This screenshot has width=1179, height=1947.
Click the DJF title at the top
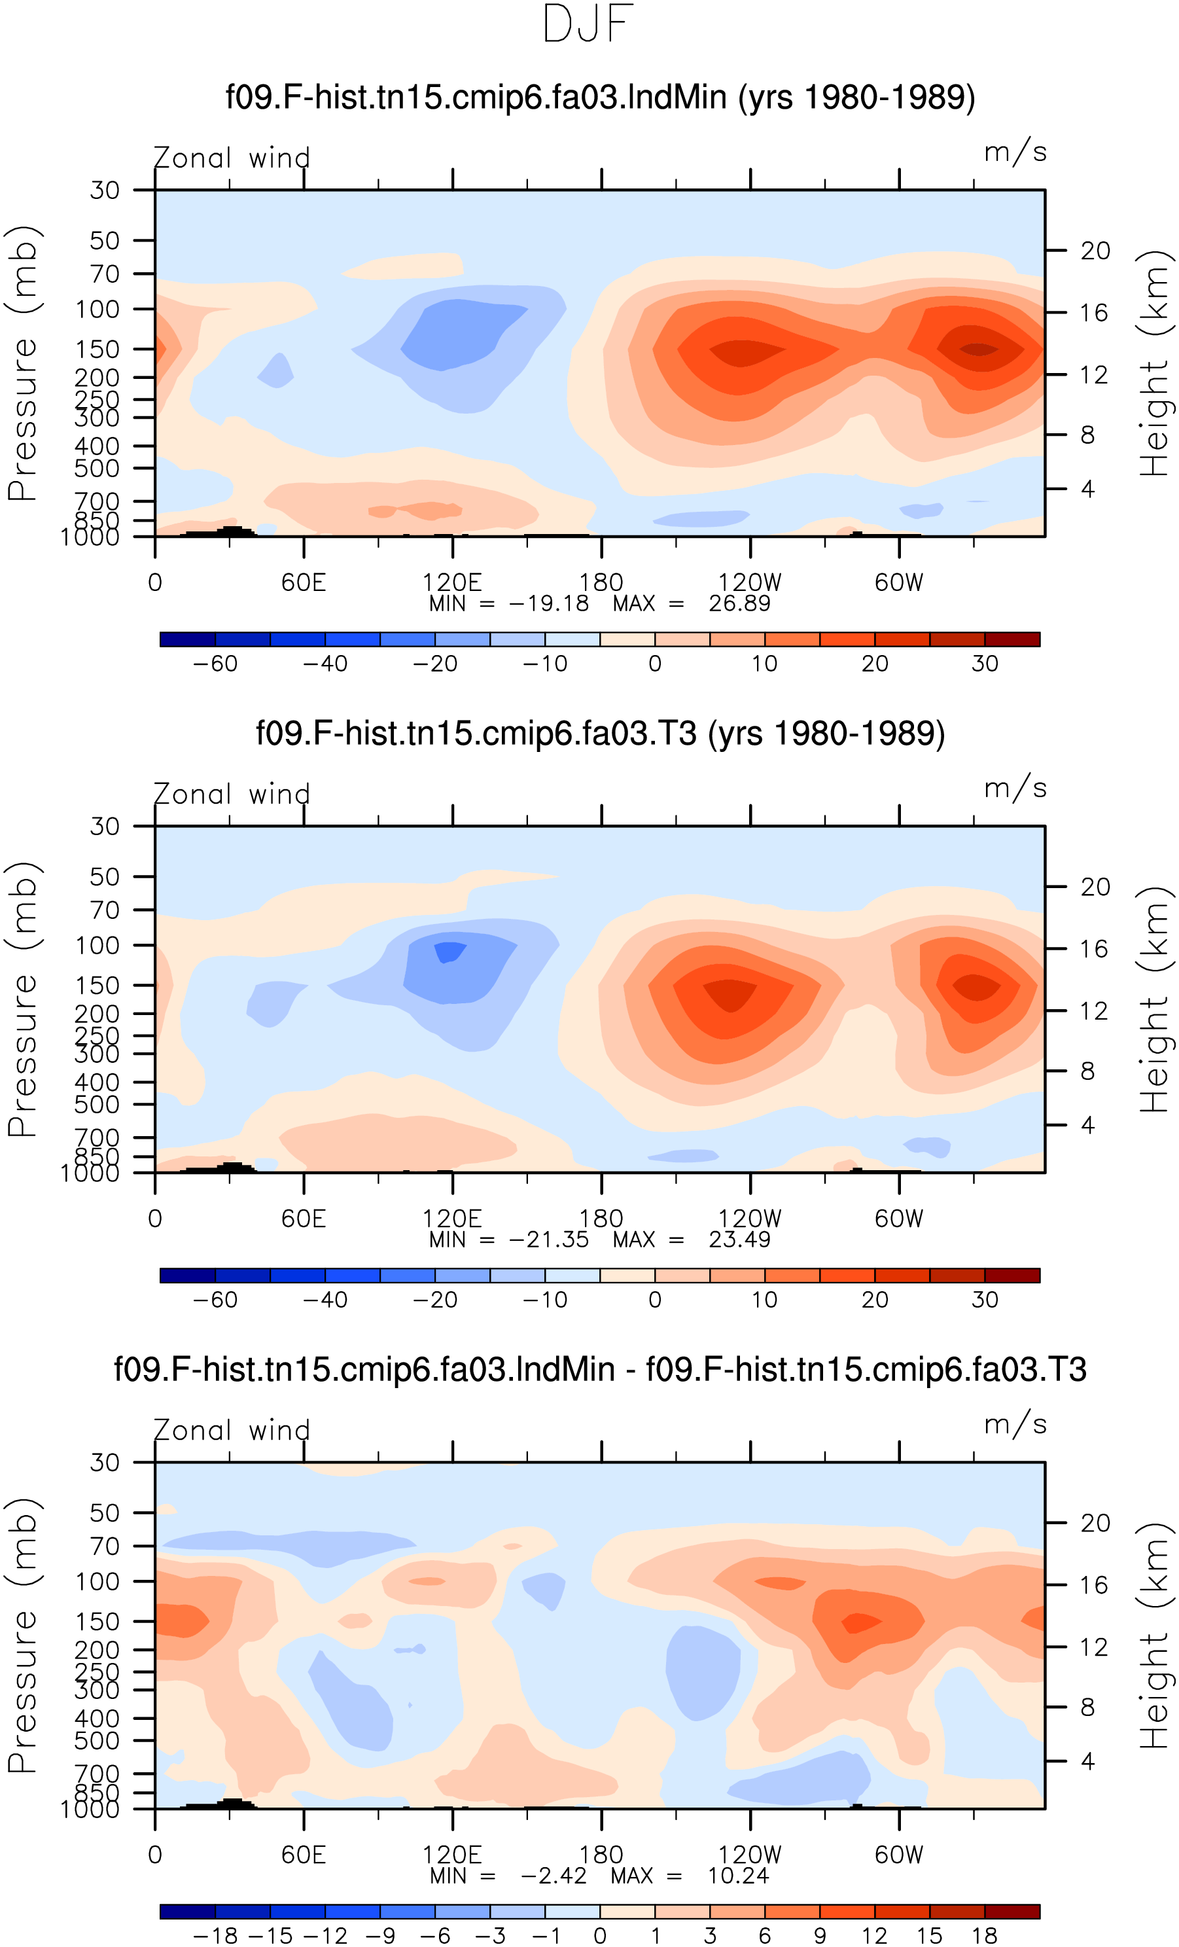[589, 24]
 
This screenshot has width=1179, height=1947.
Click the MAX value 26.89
[739, 603]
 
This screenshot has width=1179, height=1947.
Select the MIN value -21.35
[549, 1240]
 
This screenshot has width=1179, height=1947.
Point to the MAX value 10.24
[738, 1876]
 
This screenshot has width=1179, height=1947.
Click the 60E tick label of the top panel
[304, 582]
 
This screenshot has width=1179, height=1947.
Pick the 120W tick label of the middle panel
[749, 1219]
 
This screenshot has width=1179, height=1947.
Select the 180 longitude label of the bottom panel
[601, 1855]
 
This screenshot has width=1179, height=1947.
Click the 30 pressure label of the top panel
[104, 190]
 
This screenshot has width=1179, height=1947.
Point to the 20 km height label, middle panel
[1095, 887]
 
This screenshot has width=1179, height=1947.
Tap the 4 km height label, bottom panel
[1087, 1760]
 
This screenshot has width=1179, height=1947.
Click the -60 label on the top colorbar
[215, 664]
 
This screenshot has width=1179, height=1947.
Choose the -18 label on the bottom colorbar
[215, 1935]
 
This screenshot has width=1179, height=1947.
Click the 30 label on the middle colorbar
[985, 1300]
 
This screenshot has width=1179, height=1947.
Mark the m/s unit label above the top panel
[1015, 151]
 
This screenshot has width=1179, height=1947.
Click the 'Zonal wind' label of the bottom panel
[232, 1430]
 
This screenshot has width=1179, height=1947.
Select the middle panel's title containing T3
[600, 734]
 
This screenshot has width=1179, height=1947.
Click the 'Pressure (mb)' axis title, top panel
[22, 363]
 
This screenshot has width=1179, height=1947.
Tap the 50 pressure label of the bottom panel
[104, 1512]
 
